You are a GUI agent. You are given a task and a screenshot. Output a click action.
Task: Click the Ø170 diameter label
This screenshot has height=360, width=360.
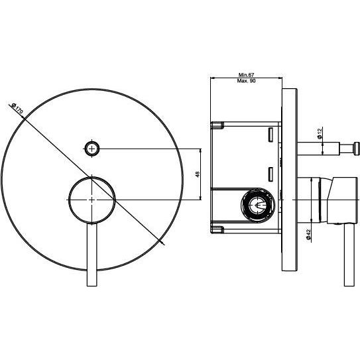click(x=17, y=109)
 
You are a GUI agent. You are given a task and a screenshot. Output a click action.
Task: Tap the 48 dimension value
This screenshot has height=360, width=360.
click(x=198, y=174)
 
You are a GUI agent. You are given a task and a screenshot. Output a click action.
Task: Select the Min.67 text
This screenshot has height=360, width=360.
click(x=246, y=75)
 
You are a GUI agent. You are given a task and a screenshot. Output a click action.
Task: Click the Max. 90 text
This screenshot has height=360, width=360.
click(x=246, y=81)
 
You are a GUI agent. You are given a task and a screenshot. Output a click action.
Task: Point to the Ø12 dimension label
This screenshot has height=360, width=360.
click(x=320, y=133)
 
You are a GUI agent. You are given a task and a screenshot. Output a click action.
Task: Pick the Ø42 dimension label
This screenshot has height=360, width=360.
click(x=308, y=235)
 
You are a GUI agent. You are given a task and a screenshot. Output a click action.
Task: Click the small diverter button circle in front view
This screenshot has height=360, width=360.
click(x=92, y=149)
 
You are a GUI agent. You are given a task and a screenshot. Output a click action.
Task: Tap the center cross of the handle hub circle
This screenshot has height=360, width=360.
click(x=92, y=200)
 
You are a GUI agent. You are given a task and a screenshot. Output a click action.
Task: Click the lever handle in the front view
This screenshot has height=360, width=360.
click(x=92, y=255)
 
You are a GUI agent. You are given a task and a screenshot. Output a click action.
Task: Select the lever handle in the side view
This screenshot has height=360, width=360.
click(x=349, y=255)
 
